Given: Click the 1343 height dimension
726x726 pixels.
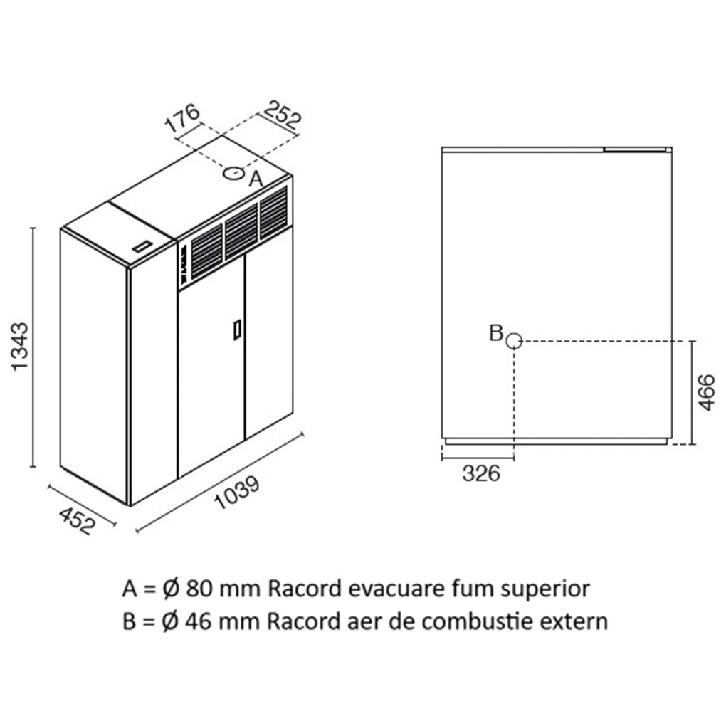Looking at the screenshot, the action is [x=21, y=347].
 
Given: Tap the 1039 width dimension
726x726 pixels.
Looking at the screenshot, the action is [x=238, y=493].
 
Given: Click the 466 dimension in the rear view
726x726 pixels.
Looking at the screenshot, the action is [x=707, y=393].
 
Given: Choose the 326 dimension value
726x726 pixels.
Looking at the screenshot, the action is [x=481, y=473].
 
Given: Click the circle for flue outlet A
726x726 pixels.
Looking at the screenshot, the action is [x=234, y=174].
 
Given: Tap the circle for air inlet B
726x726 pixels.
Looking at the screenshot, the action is [x=514, y=341].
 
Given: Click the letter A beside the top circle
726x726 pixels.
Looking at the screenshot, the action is [x=256, y=179].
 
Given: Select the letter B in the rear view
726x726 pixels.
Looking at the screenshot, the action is [x=496, y=332].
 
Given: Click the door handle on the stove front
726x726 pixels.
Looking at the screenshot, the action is [x=237, y=330].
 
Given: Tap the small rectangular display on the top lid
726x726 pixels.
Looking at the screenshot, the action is [x=143, y=246].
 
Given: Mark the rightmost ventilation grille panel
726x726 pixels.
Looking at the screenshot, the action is [x=273, y=213].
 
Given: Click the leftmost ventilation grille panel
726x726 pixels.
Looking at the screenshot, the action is [x=207, y=251].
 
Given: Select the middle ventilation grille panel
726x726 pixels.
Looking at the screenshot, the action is [x=241, y=231].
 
